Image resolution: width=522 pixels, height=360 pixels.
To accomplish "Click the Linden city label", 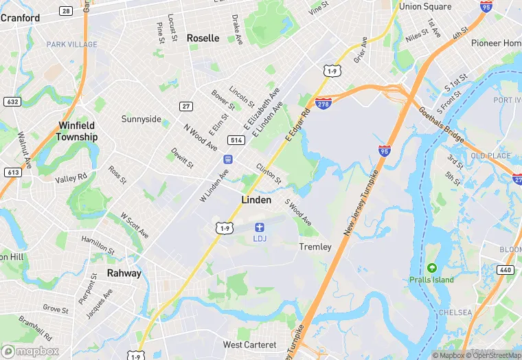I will (x=256, y=200).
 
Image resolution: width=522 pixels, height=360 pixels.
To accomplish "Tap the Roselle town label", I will (x=203, y=38).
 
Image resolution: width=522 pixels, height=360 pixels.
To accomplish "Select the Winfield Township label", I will (x=77, y=131).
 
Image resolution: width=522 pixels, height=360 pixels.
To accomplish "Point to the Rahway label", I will (x=124, y=273).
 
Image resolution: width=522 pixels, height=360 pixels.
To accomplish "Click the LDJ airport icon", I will (x=260, y=227).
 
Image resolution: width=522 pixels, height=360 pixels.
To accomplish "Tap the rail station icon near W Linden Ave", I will (x=226, y=159).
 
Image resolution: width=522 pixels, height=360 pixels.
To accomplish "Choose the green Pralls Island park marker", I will (x=431, y=267).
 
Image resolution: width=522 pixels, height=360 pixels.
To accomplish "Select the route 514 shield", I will (x=236, y=140).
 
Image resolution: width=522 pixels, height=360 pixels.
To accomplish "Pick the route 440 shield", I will (x=506, y=269).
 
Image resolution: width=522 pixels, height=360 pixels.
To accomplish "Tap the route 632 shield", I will (x=12, y=101).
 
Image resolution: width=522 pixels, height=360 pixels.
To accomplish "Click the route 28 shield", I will (x=66, y=11).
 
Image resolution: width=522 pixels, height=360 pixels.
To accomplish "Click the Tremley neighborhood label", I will (x=315, y=247).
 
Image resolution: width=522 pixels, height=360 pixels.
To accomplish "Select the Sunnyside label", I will (x=141, y=119).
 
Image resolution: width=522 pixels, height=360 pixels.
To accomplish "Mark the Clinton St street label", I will (x=269, y=174).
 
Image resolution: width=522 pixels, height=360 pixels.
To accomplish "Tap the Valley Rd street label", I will (x=71, y=178).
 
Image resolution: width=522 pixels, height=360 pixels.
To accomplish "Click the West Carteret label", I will (x=249, y=344).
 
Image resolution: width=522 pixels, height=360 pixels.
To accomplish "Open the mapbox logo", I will (x=31, y=351).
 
